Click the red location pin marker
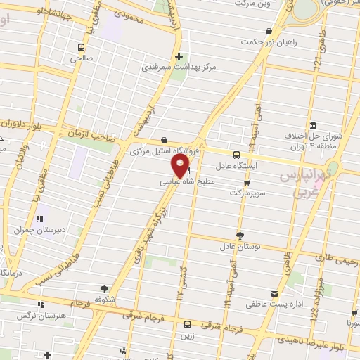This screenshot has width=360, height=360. tap(181, 166)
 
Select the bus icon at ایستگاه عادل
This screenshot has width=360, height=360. tap(236, 154)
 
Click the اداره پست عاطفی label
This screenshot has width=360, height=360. tap(268, 306)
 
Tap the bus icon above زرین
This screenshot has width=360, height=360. tap(187, 324)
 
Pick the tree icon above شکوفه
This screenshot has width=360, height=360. tap(105, 288)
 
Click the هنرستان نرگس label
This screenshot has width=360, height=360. tap(66, 316)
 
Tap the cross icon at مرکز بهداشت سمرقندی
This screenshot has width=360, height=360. tap(180, 56)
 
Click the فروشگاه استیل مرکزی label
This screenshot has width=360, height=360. tap(166, 151)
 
